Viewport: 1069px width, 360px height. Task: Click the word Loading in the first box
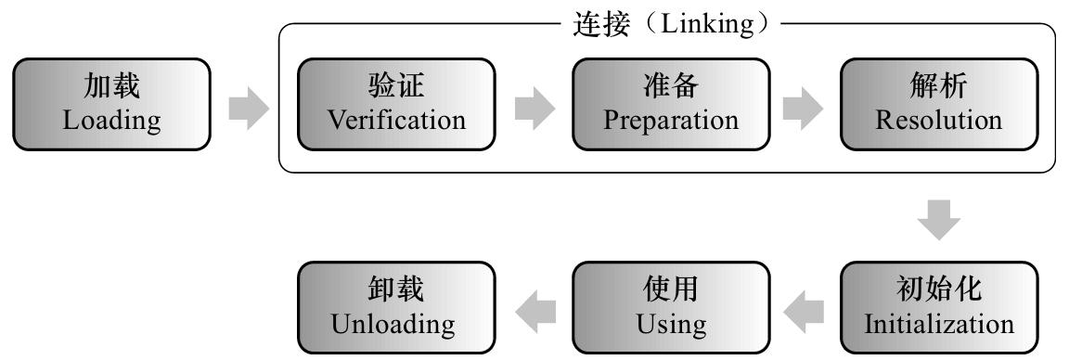[112, 121]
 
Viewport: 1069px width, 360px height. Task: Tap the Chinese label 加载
[112, 87]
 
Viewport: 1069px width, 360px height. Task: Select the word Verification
[397, 121]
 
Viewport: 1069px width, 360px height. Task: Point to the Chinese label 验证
[397, 87]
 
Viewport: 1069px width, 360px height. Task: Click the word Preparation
[671, 121]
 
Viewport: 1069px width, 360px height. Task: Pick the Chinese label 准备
[671, 87]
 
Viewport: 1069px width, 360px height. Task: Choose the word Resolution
[939, 121]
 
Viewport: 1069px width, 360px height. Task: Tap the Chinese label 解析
[939, 87]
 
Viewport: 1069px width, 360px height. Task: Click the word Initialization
[939, 325]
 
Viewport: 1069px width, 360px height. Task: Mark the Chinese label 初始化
[939, 291]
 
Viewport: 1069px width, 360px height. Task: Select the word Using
[671, 325]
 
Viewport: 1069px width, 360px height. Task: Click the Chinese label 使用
[671, 291]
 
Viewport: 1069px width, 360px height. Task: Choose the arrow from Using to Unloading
[534, 309]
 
